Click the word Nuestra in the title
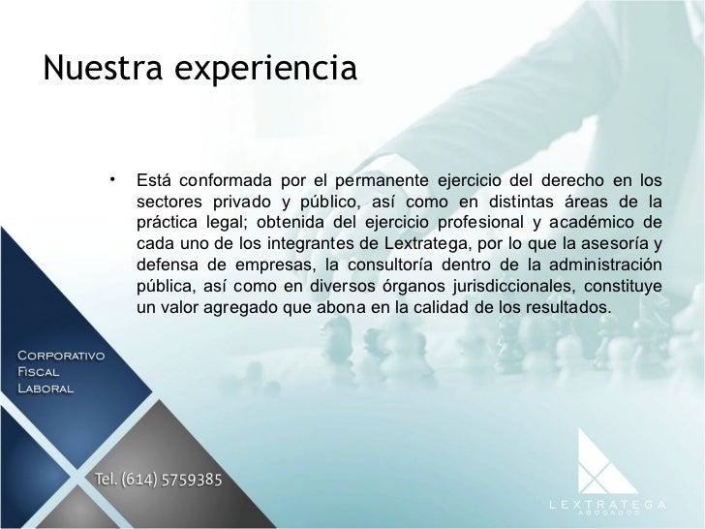pyautogui.click(x=92, y=68)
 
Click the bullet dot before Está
pyautogui.click(x=113, y=178)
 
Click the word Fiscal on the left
pyautogui.click(x=39, y=372)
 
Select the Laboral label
pyautogui.click(x=46, y=389)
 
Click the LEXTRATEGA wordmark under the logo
pyautogui.click(x=608, y=503)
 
